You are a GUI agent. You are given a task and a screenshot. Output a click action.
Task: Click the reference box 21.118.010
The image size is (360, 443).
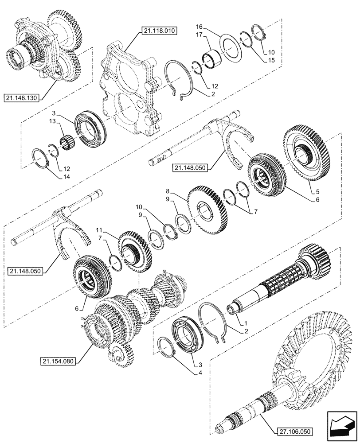tap(159, 31)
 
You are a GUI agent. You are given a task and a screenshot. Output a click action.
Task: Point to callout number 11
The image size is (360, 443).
tap(99, 230)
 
